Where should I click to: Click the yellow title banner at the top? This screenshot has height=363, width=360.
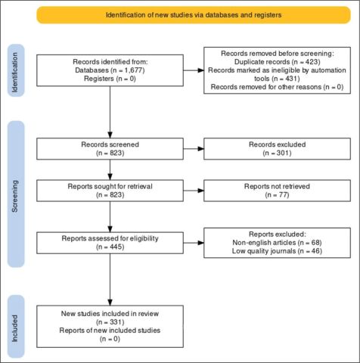coord(194,15)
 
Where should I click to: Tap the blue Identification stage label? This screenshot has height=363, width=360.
coord(16,70)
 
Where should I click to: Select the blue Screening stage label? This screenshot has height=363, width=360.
coord(16,194)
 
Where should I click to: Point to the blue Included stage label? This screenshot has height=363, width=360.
coord(16,327)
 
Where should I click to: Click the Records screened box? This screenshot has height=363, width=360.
coord(110,149)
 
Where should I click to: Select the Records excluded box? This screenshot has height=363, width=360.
coord(277,149)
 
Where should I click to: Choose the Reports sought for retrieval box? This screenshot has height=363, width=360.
coord(110,191)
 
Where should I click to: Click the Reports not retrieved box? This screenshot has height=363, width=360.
coord(277,191)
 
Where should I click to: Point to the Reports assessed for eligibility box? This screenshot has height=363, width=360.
coord(110,243)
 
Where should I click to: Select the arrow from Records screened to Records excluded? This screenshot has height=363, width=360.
coord(194,149)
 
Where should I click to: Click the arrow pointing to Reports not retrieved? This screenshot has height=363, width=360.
coord(194,191)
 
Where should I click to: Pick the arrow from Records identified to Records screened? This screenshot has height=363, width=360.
coord(110,112)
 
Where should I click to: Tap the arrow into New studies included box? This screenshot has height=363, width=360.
coord(110,280)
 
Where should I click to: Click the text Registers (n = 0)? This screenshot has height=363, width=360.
coord(110,79)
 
